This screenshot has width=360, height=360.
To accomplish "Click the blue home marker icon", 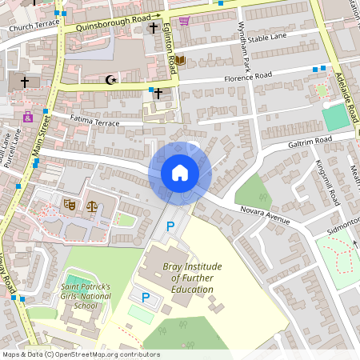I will [x=180, y=173].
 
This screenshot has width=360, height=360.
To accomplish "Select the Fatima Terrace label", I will [x=94, y=121].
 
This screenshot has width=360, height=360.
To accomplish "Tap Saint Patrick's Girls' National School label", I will [x=79, y=296].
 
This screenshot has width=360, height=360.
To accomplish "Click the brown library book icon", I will [x=180, y=60].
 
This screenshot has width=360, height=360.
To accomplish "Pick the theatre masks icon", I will [x=70, y=206].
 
